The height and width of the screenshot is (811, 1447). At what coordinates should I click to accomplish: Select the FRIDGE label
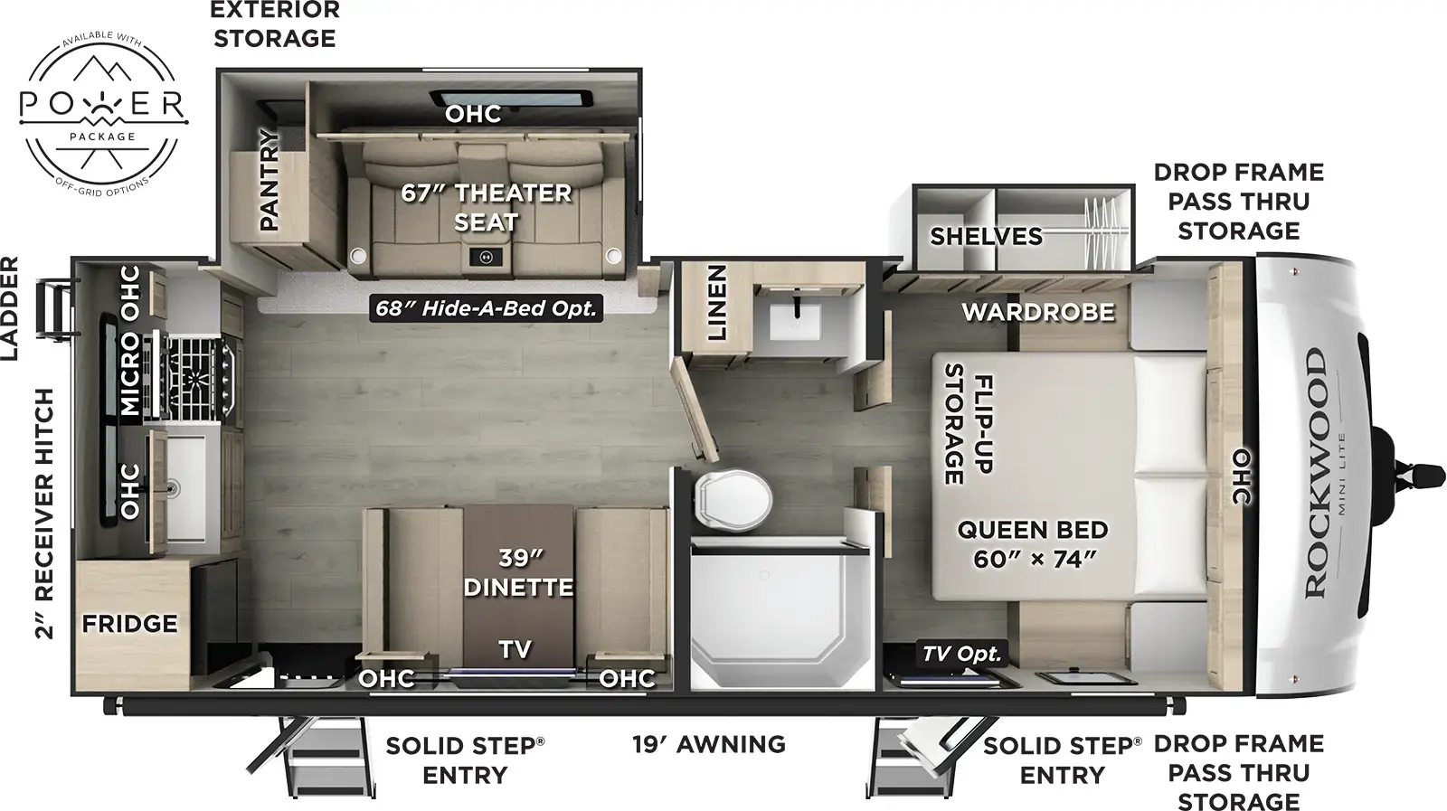(x=129, y=624)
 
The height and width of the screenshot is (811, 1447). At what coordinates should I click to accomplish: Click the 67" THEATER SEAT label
(x=487, y=207)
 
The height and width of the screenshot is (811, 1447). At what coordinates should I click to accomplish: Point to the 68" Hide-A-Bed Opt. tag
(x=487, y=308)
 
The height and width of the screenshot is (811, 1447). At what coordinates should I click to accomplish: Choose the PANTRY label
(x=270, y=180)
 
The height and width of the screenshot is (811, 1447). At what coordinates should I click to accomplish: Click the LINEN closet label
(x=717, y=302)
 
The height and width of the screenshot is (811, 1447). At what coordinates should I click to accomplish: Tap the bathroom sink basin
(x=795, y=321)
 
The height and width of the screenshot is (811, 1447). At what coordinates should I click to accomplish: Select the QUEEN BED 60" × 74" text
(x=1033, y=544)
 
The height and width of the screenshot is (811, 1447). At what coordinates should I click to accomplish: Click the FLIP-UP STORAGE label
(x=969, y=423)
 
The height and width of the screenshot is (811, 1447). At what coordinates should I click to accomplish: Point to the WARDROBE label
(x=1037, y=313)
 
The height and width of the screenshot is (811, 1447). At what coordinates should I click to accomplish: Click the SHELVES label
(x=986, y=237)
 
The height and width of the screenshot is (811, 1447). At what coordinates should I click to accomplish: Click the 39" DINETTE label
(x=518, y=573)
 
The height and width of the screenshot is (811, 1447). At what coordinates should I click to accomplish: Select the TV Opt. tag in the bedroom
(x=961, y=654)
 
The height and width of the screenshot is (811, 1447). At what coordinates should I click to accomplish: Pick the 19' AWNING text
(x=708, y=745)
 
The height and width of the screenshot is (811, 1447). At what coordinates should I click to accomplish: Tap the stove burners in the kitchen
(x=199, y=374)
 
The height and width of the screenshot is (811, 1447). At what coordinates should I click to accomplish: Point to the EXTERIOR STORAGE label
(x=275, y=24)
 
